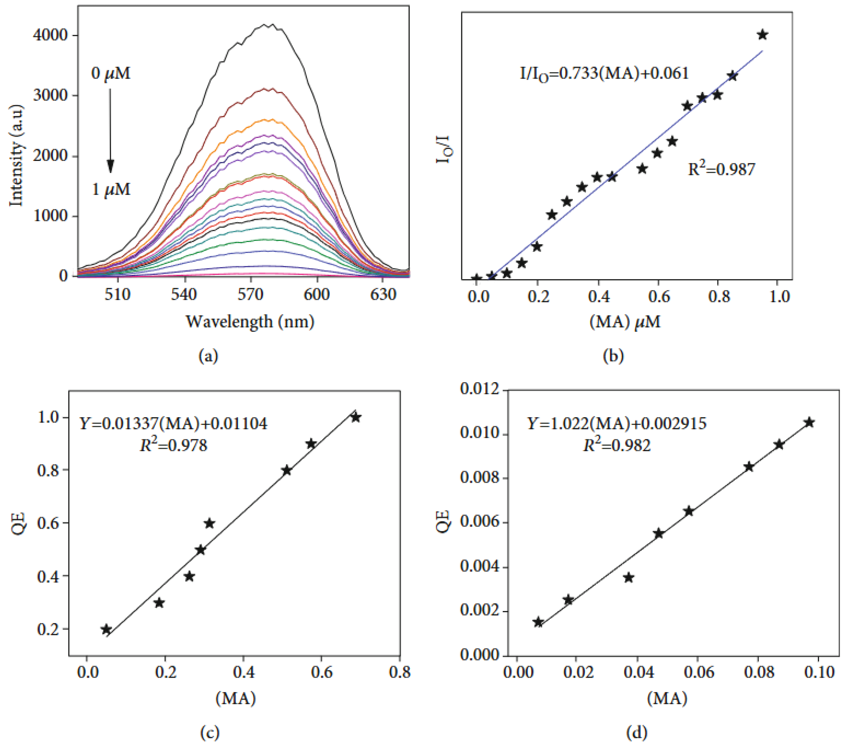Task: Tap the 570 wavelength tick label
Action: (x=250, y=295)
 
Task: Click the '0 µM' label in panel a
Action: (x=110, y=74)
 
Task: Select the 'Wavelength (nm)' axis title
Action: (x=250, y=321)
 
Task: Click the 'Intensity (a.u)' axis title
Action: (x=17, y=155)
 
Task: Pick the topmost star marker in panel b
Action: (x=762, y=35)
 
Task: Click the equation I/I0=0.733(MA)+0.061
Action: (x=604, y=74)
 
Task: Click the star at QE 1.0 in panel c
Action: (x=356, y=417)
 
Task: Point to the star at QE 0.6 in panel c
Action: (x=210, y=523)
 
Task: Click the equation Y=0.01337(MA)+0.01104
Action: (x=173, y=423)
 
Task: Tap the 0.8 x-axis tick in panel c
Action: (x=400, y=672)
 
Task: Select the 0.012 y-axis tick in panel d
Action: (x=479, y=389)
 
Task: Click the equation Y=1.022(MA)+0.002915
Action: (x=617, y=423)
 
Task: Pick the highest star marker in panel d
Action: (x=809, y=422)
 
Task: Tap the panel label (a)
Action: (x=208, y=356)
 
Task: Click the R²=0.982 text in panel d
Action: (x=617, y=445)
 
